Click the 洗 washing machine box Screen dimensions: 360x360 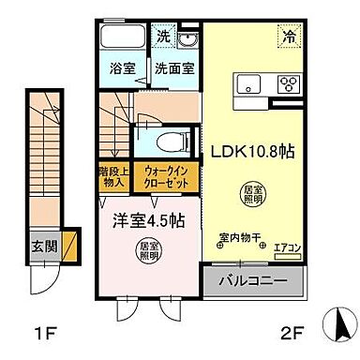163,37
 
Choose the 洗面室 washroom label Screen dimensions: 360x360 174,67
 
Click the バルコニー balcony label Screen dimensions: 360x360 253,279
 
